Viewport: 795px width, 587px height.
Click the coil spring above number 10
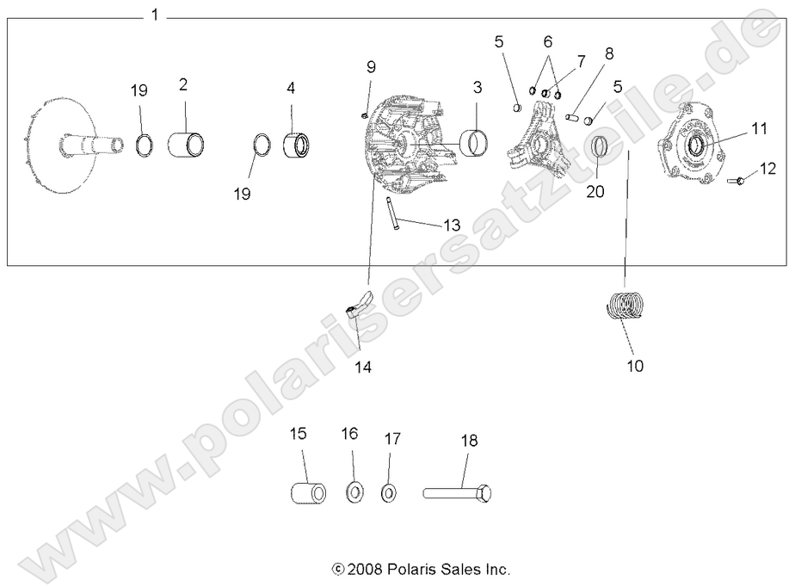(626, 307)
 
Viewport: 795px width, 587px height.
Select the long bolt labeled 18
(459, 494)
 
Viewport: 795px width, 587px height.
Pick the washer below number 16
(353, 493)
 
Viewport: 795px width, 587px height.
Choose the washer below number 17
(390, 493)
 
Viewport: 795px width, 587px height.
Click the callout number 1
(154, 15)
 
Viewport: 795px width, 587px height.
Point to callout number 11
(758, 129)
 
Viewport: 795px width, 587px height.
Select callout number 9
(371, 66)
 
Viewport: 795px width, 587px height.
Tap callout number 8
(609, 53)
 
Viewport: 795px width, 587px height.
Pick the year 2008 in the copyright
(366, 569)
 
